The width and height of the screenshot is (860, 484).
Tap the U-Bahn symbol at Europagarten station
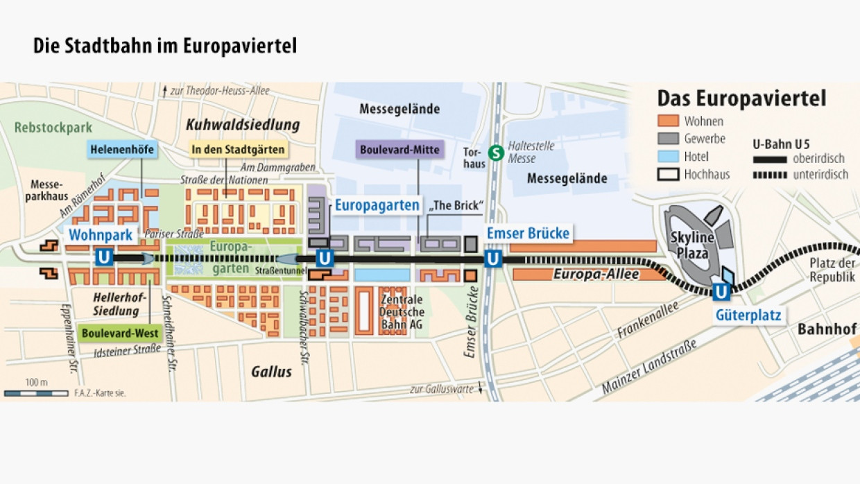coord(325,259)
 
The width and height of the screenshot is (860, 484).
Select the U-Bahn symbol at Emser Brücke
coord(493,259)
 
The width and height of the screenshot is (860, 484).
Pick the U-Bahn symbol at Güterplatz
coord(721,292)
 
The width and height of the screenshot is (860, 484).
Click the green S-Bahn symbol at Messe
coord(496,153)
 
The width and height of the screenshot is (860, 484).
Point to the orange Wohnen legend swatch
coord(668,121)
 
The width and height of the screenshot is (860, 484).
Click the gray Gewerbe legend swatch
coord(668,139)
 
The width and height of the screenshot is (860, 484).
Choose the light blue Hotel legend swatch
coord(668,157)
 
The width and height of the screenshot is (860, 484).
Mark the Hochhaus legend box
coord(668,174)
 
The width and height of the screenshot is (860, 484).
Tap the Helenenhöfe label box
coord(121,149)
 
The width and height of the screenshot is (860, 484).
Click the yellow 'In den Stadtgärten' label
coord(239,149)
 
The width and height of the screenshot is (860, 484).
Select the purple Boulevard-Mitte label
coord(399,149)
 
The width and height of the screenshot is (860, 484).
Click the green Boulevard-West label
coord(119,333)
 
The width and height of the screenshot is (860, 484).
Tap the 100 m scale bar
coord(36,393)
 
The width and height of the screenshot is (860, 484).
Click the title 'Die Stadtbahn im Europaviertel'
coord(165,46)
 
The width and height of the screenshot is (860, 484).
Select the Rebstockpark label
coord(53,128)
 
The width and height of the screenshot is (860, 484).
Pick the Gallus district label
coord(271,372)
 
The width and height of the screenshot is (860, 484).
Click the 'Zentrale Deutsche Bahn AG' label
coord(402,313)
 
